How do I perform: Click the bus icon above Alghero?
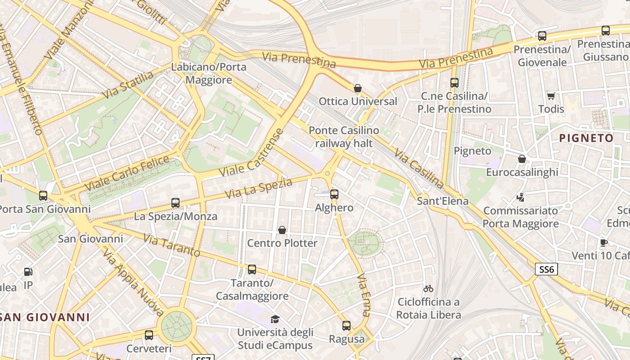pos(334,194)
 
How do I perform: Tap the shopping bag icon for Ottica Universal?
pos(358,88)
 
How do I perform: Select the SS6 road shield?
pos(546,270)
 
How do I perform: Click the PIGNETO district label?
pos(586,138)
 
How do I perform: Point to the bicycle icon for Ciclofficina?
pos(428,288)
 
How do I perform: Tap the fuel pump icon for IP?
pos(28,272)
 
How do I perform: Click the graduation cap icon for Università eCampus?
pos(274,319)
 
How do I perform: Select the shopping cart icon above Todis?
pos(551,96)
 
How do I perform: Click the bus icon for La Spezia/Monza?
pos(175,203)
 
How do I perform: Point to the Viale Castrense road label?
pos(252,153)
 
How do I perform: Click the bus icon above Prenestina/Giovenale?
pos(542,36)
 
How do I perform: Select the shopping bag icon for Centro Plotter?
pos(282,230)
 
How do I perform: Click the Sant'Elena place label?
pos(442,201)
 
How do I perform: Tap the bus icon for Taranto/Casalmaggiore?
pos(252,270)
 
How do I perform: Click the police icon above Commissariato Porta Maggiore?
pos(521,197)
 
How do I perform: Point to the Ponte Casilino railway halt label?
pos(344,137)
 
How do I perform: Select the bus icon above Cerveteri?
pos(149,335)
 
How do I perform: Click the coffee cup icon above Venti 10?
pos(603,243)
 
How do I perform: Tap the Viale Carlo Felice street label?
pos(127,173)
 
